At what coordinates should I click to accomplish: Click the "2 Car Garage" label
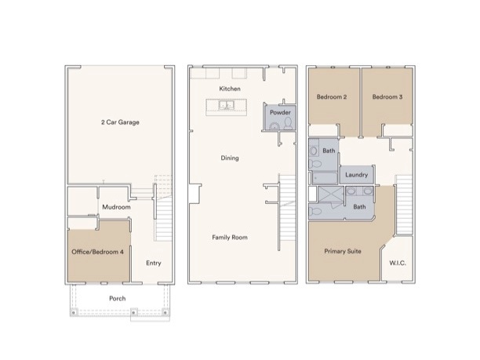click(x=120, y=122)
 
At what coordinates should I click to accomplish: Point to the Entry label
click(x=153, y=263)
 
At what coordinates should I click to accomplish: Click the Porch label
click(x=117, y=299)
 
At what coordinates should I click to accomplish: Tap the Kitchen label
click(x=229, y=89)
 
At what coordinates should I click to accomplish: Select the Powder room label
click(x=280, y=113)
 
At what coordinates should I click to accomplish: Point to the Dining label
click(x=229, y=158)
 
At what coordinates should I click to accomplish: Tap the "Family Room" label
click(x=229, y=237)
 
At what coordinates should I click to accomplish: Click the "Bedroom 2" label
click(x=332, y=97)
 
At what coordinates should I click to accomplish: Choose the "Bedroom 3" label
click(x=387, y=97)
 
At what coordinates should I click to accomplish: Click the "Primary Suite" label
click(x=343, y=252)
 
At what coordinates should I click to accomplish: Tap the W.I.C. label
click(x=397, y=263)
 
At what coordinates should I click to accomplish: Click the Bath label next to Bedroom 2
click(x=329, y=151)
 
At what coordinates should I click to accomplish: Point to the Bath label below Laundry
click(x=359, y=207)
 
